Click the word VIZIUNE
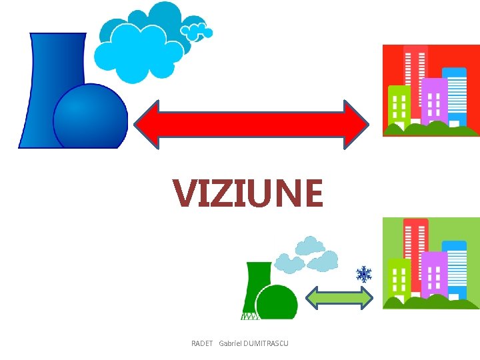(x=247, y=193)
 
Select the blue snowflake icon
(x=363, y=274)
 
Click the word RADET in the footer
(x=201, y=343)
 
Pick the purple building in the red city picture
(x=434, y=100)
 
